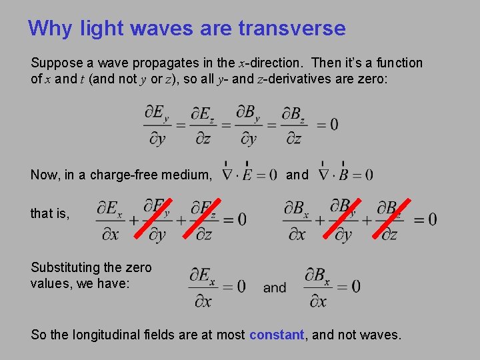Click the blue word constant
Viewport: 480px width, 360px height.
277,335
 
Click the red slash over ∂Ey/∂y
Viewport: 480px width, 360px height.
156,219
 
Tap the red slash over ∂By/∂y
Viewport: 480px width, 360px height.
345,219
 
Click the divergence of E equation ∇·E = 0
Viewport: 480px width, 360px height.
249,175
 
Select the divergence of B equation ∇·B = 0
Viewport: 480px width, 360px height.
345,175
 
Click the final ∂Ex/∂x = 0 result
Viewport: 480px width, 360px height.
217,287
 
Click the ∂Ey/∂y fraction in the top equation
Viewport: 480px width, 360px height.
157,124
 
